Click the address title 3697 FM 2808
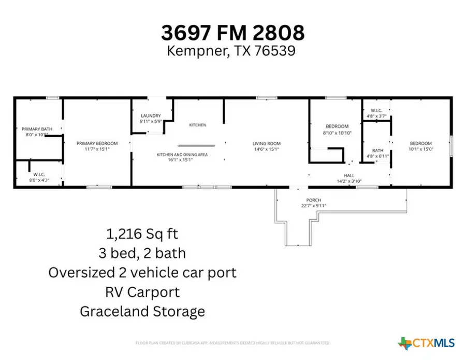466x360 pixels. click(232, 33)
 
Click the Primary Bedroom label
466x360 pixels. click(97, 143)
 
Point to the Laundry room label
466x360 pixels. click(150, 116)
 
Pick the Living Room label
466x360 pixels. click(266, 143)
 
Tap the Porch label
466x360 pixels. click(313, 200)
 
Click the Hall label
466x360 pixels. click(349, 176)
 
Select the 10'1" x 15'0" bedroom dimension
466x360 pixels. click(420, 149)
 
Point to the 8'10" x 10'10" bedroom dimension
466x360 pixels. click(337, 133)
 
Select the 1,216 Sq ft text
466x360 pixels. click(142, 234)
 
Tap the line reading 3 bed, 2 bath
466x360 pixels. click(142, 253)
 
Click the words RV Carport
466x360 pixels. click(142, 292)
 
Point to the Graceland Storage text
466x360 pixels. click(142, 311)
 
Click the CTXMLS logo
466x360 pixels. click(427, 342)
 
